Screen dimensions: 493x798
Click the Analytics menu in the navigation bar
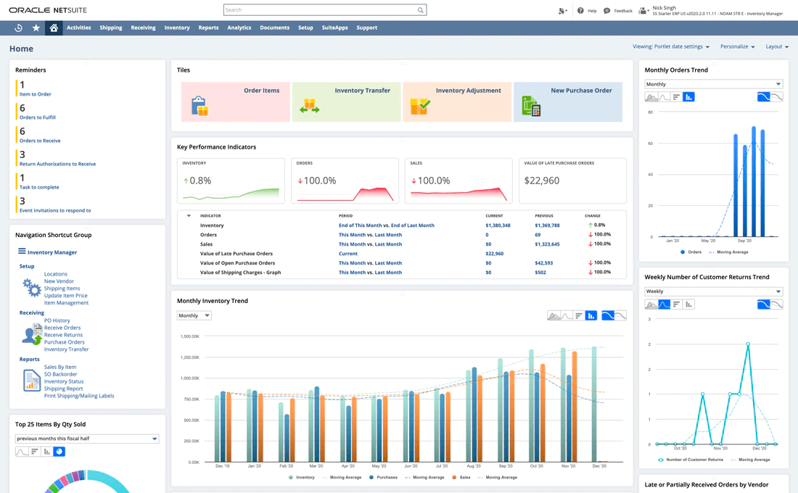(x=239, y=28)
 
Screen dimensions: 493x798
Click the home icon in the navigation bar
(x=54, y=28)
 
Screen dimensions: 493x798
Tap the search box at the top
(x=324, y=10)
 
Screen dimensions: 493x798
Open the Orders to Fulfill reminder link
(x=38, y=117)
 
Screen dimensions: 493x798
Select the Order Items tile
(x=236, y=101)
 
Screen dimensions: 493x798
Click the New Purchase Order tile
(x=568, y=101)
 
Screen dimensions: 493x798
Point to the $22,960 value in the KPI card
(x=542, y=181)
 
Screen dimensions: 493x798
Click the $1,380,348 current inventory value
(x=498, y=225)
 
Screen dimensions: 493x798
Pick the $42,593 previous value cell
(x=543, y=263)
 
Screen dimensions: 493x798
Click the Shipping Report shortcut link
(x=63, y=389)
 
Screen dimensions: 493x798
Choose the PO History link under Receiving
(x=57, y=320)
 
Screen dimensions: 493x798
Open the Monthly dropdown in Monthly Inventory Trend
(x=194, y=315)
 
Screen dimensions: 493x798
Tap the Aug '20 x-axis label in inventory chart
(x=474, y=466)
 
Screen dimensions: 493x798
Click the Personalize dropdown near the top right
(x=737, y=46)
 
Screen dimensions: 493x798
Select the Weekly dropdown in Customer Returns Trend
(x=713, y=291)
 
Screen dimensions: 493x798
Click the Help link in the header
(x=587, y=11)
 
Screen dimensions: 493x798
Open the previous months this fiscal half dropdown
(x=86, y=439)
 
